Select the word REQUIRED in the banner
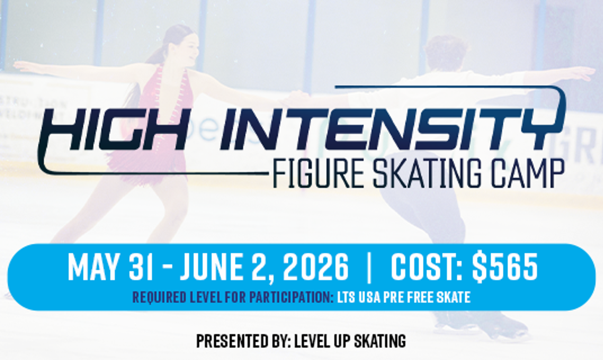click(159, 298)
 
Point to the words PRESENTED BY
click(243, 341)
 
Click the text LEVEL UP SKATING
click(350, 341)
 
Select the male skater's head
click(446, 54)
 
